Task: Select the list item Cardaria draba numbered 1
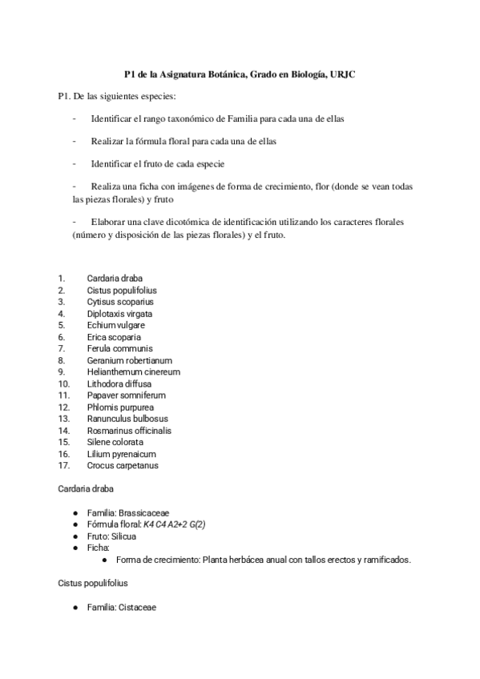(115, 279)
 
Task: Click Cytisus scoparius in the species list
(120, 302)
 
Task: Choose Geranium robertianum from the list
(129, 360)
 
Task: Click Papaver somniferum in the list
(126, 396)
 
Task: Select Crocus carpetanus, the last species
(123, 465)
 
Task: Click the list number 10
(64, 384)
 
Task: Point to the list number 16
(64, 453)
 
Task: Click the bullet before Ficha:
(75, 548)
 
